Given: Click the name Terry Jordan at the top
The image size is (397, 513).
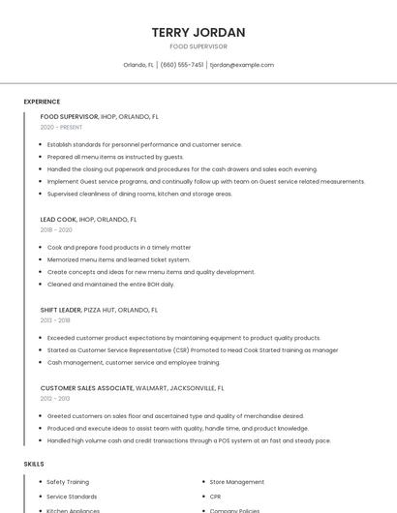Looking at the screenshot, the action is [x=198, y=32].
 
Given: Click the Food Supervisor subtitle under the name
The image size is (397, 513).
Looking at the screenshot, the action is [x=198, y=46].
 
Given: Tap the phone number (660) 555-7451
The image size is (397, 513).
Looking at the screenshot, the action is [x=182, y=65].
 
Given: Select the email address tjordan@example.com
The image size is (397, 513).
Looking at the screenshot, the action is [x=242, y=65].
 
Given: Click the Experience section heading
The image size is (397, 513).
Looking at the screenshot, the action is [x=42, y=102].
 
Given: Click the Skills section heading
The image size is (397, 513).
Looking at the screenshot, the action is [x=34, y=464].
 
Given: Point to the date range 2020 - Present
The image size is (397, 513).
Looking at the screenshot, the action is [x=61, y=127].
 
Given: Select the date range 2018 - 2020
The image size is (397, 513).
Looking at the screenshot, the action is [x=56, y=230].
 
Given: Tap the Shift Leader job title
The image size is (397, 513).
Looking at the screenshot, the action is [x=60, y=310].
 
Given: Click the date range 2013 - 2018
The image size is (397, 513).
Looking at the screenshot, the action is [x=55, y=320].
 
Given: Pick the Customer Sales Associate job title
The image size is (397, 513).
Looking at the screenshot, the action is [x=87, y=387].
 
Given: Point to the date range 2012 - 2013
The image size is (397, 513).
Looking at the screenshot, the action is [x=55, y=398].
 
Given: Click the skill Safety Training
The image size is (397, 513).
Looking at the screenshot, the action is [x=68, y=481].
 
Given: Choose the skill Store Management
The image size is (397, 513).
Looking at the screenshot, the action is [x=236, y=481].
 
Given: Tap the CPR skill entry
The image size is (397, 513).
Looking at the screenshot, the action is [x=216, y=496].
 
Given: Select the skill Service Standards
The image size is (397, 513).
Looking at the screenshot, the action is [x=72, y=496].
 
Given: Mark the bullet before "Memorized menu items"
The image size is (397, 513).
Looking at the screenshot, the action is [x=43, y=259].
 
